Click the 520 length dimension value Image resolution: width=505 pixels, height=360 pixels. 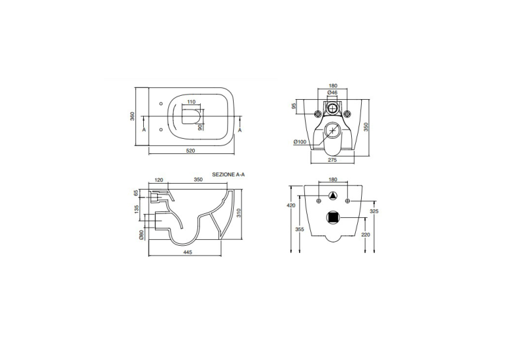(191, 151)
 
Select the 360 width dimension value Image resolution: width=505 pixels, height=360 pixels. (132, 116)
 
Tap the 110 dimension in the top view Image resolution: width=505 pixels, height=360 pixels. (191, 102)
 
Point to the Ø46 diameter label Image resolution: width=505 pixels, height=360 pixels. (332, 92)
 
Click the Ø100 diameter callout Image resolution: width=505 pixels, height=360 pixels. (300, 142)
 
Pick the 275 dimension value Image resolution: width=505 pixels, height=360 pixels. (332, 160)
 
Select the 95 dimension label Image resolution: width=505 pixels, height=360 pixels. (294, 106)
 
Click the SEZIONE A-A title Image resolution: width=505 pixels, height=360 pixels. (228, 174)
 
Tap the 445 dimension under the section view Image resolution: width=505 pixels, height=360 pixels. (187, 252)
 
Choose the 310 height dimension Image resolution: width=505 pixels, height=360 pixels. (239, 213)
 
